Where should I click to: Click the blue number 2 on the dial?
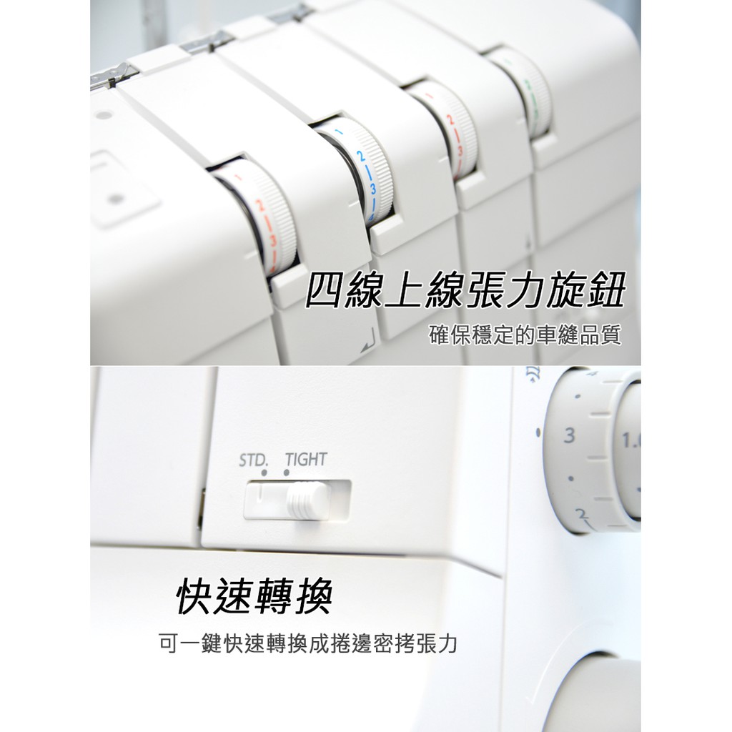[361, 156]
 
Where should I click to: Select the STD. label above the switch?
[254, 461]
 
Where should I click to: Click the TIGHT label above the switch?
[306, 460]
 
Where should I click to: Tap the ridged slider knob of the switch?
[306, 501]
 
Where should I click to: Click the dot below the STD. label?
[264, 473]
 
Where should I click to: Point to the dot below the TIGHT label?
[286, 473]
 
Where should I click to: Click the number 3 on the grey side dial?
[568, 435]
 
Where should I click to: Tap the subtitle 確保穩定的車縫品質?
[525, 335]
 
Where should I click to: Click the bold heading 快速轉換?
[254, 597]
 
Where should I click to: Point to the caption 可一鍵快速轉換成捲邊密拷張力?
[308, 644]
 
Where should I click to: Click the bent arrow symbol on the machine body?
[368, 340]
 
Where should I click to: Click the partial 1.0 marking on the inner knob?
[631, 440]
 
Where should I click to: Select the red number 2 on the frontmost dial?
[259, 206]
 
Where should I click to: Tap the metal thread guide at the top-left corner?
[114, 76]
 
